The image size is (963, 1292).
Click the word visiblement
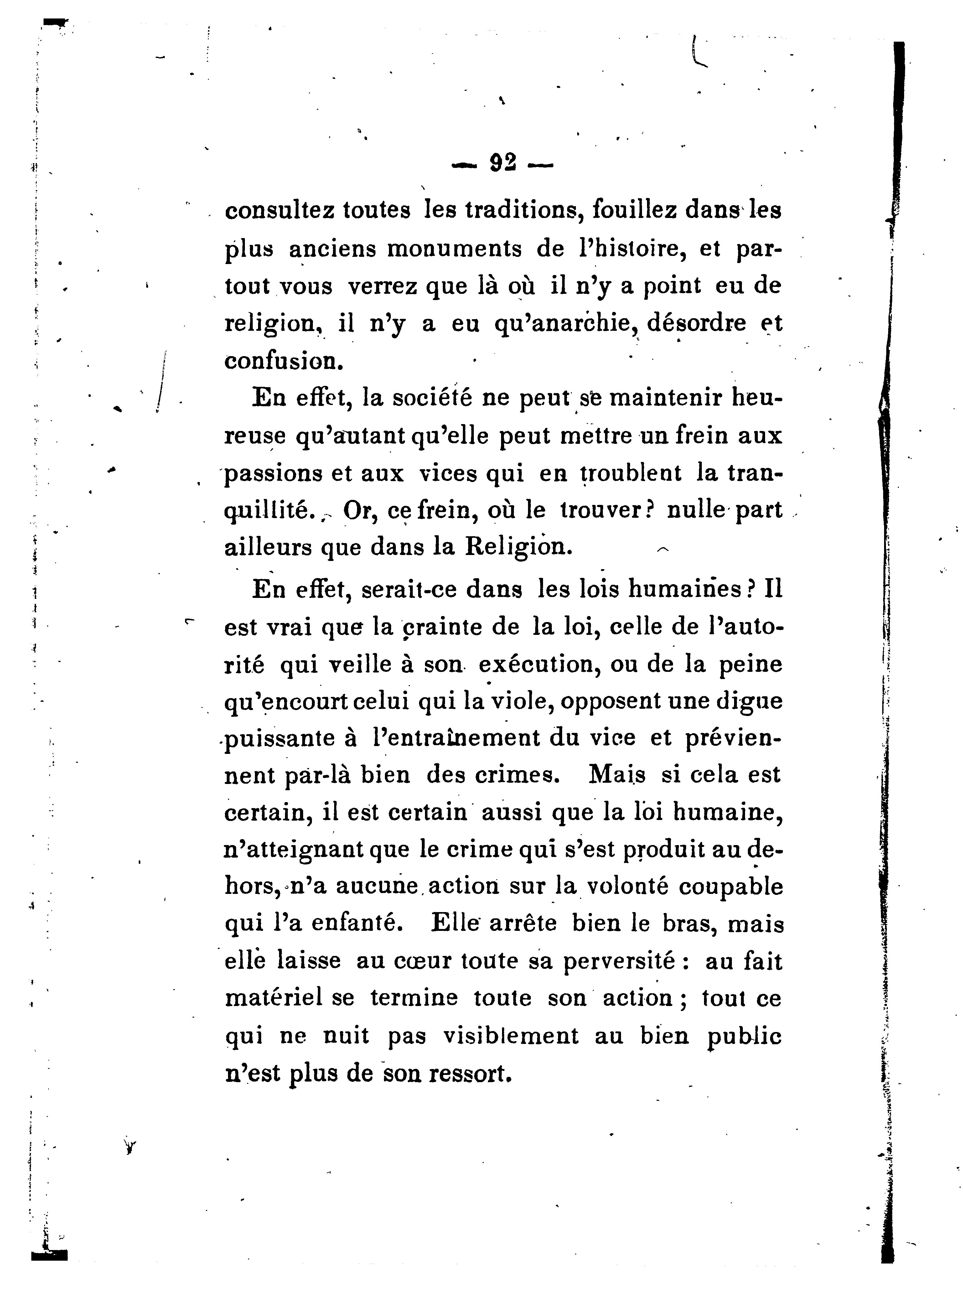511,1036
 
